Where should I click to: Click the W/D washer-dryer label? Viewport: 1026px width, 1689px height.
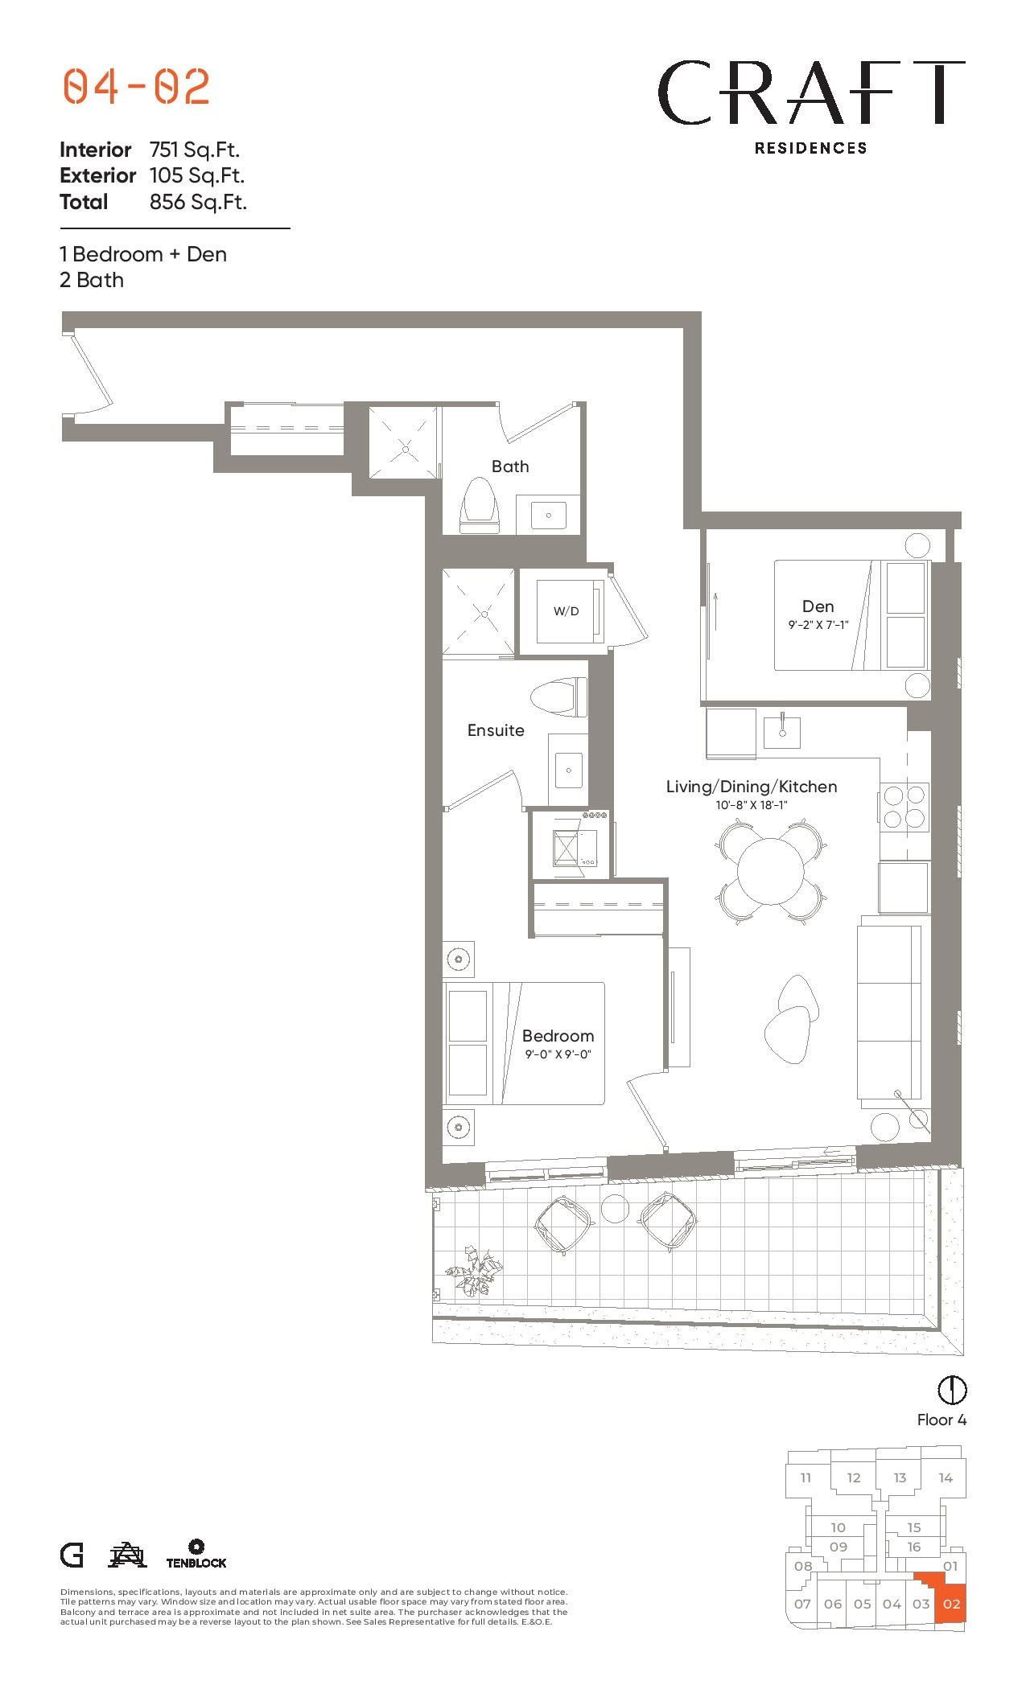click(566, 611)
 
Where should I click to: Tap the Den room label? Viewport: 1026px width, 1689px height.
click(818, 606)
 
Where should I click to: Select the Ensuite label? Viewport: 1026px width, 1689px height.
click(496, 730)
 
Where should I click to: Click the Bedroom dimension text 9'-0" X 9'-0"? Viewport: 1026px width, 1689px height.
click(558, 1054)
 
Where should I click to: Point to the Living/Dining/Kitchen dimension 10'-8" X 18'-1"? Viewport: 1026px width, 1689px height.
click(751, 804)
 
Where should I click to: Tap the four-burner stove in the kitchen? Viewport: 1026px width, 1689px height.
click(904, 807)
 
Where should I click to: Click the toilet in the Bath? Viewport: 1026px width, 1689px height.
click(480, 505)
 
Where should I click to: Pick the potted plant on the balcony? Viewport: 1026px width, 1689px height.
click(476, 1272)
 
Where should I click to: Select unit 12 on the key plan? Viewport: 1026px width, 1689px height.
click(854, 1477)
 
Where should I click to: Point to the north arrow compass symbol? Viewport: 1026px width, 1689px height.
click(953, 1389)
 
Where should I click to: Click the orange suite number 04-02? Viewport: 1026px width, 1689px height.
click(137, 87)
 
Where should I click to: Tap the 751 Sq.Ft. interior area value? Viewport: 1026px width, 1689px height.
click(195, 150)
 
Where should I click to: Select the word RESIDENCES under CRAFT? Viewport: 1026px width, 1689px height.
click(811, 148)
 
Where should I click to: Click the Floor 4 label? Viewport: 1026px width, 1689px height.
click(942, 1420)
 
